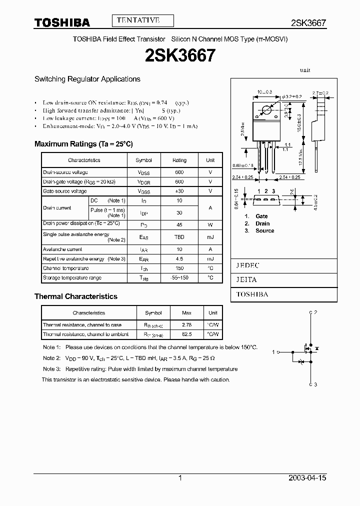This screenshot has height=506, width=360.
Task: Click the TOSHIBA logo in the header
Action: pos(62,22)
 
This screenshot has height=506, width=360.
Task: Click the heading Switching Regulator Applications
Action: pos(87,79)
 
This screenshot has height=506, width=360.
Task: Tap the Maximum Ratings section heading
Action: pos(83,144)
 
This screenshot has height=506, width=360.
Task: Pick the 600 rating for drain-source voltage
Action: pos(179,172)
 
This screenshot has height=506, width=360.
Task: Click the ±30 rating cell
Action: pos(179,191)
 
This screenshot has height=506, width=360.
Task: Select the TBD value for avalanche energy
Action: pos(179,237)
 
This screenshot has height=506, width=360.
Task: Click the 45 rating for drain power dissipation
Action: pos(179,225)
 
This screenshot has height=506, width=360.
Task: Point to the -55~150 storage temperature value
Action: pos(179,277)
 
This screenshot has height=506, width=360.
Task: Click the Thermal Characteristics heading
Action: pos(76,296)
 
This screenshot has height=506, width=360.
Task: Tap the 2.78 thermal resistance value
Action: pos(186,325)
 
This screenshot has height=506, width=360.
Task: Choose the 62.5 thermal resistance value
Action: pos(186,334)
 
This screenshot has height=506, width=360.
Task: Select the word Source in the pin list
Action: pos(264,230)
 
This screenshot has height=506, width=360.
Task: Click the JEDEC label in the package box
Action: pos(247,265)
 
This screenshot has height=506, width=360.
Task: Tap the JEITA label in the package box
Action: pos(246,280)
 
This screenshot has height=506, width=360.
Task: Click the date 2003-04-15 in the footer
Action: pos(307,478)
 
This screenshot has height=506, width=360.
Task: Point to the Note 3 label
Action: pos(51,369)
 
